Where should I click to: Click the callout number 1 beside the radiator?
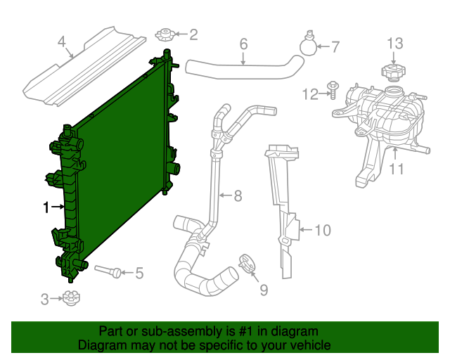coord(46,207)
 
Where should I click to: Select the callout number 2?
coord(193,33)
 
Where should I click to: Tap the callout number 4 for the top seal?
coord(62,41)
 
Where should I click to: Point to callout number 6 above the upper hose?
coord(243,44)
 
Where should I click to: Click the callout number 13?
coord(395,44)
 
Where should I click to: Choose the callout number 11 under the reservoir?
coord(397,169)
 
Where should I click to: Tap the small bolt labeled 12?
coord(333,91)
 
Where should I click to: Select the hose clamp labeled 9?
coord(247,264)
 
